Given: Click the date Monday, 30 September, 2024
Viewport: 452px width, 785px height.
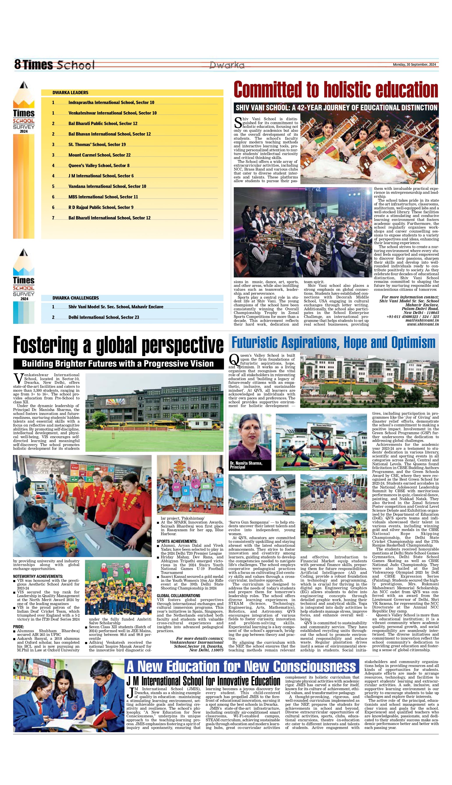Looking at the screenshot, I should point(414,65).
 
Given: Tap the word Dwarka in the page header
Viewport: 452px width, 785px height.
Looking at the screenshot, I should point(227,65).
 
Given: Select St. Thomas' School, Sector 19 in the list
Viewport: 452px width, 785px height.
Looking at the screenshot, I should point(97,145).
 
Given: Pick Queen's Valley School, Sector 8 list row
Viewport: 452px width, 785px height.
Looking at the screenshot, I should point(99,166).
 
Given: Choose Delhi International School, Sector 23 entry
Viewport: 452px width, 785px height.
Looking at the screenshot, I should point(103,317).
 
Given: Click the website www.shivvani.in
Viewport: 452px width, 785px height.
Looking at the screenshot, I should point(423,324).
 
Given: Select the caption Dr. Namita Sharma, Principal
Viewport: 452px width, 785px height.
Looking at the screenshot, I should point(246,465).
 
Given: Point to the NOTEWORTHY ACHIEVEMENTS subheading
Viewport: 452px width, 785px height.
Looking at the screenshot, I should point(38,577).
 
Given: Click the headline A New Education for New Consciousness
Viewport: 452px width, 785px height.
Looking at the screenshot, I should point(241,667).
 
